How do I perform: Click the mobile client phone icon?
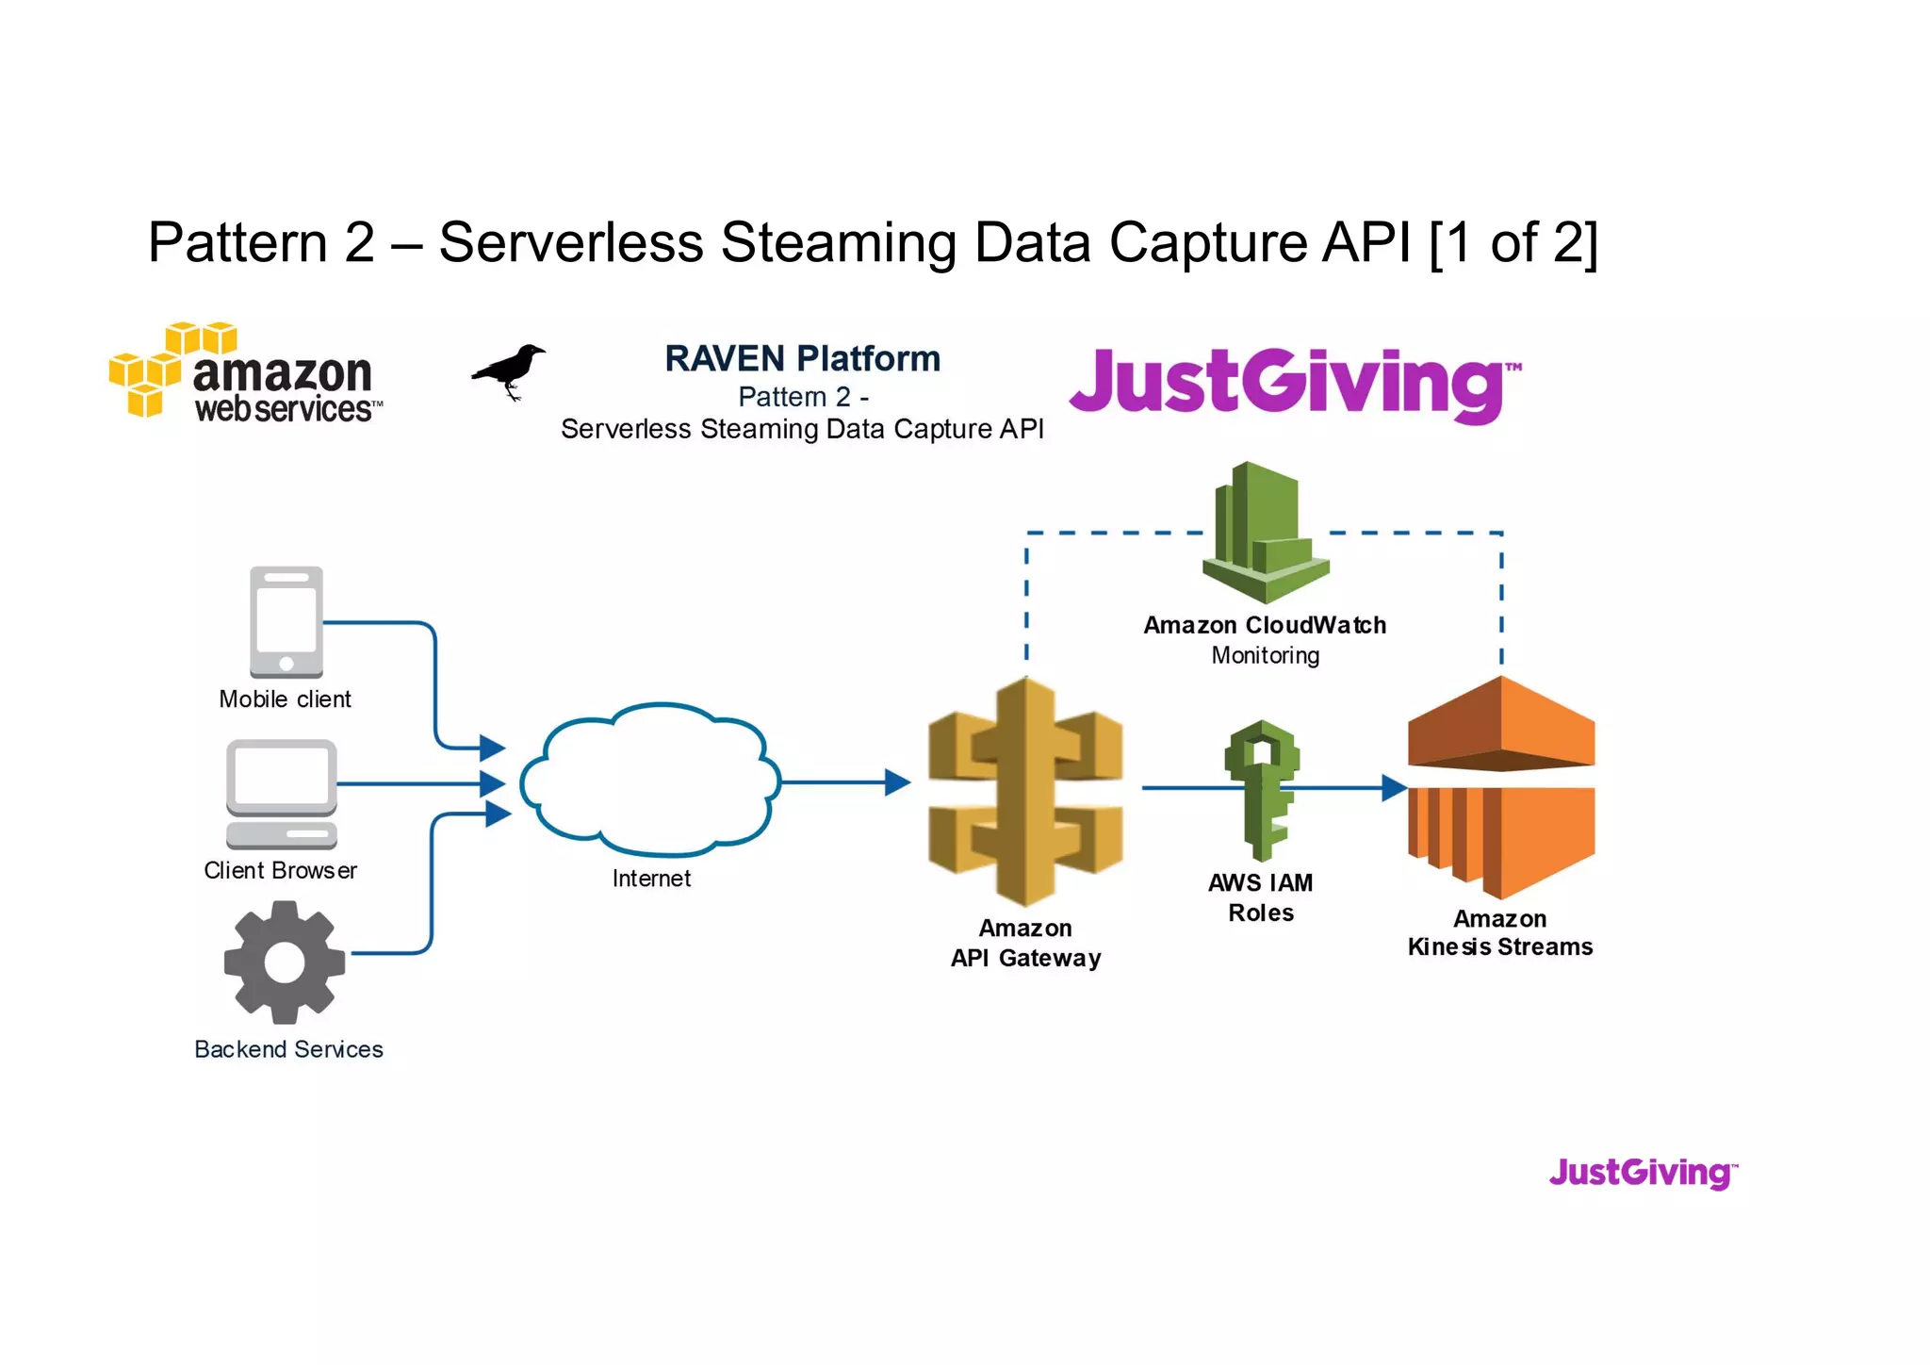pos(286,622)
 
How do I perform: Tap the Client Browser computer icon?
pos(282,793)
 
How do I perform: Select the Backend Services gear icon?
pos(285,962)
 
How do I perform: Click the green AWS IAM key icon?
pos(1262,790)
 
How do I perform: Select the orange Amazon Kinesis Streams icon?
pos(1500,787)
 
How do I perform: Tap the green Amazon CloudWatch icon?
pos(1265,534)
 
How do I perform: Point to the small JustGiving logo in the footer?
pos(1643,1173)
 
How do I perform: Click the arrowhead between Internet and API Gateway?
pos(897,782)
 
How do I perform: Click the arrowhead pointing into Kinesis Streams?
pos(1394,788)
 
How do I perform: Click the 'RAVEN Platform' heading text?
pos(802,359)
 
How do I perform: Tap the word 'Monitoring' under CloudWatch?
pos(1265,656)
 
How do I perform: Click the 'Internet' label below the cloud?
pos(651,879)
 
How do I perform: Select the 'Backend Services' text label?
pos(288,1049)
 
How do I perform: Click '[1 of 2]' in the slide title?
pos(1513,242)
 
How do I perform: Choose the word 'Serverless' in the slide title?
pos(571,242)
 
